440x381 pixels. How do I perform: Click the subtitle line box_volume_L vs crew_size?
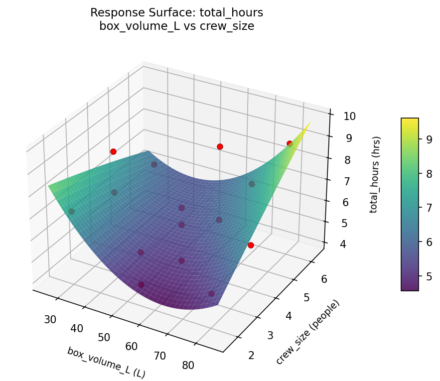(176, 26)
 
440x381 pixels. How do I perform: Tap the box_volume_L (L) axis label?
(106, 362)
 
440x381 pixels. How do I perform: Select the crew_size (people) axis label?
(307, 332)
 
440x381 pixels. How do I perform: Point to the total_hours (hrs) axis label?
(377, 174)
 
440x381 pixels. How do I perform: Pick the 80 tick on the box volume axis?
(188, 365)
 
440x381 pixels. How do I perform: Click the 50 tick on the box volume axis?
(104, 337)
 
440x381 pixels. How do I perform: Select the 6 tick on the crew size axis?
(324, 279)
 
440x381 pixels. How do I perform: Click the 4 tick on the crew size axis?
(289, 316)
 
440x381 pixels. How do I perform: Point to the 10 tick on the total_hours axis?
(348, 117)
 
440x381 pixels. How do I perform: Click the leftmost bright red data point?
(113, 151)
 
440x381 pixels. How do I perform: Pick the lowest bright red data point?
(251, 245)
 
